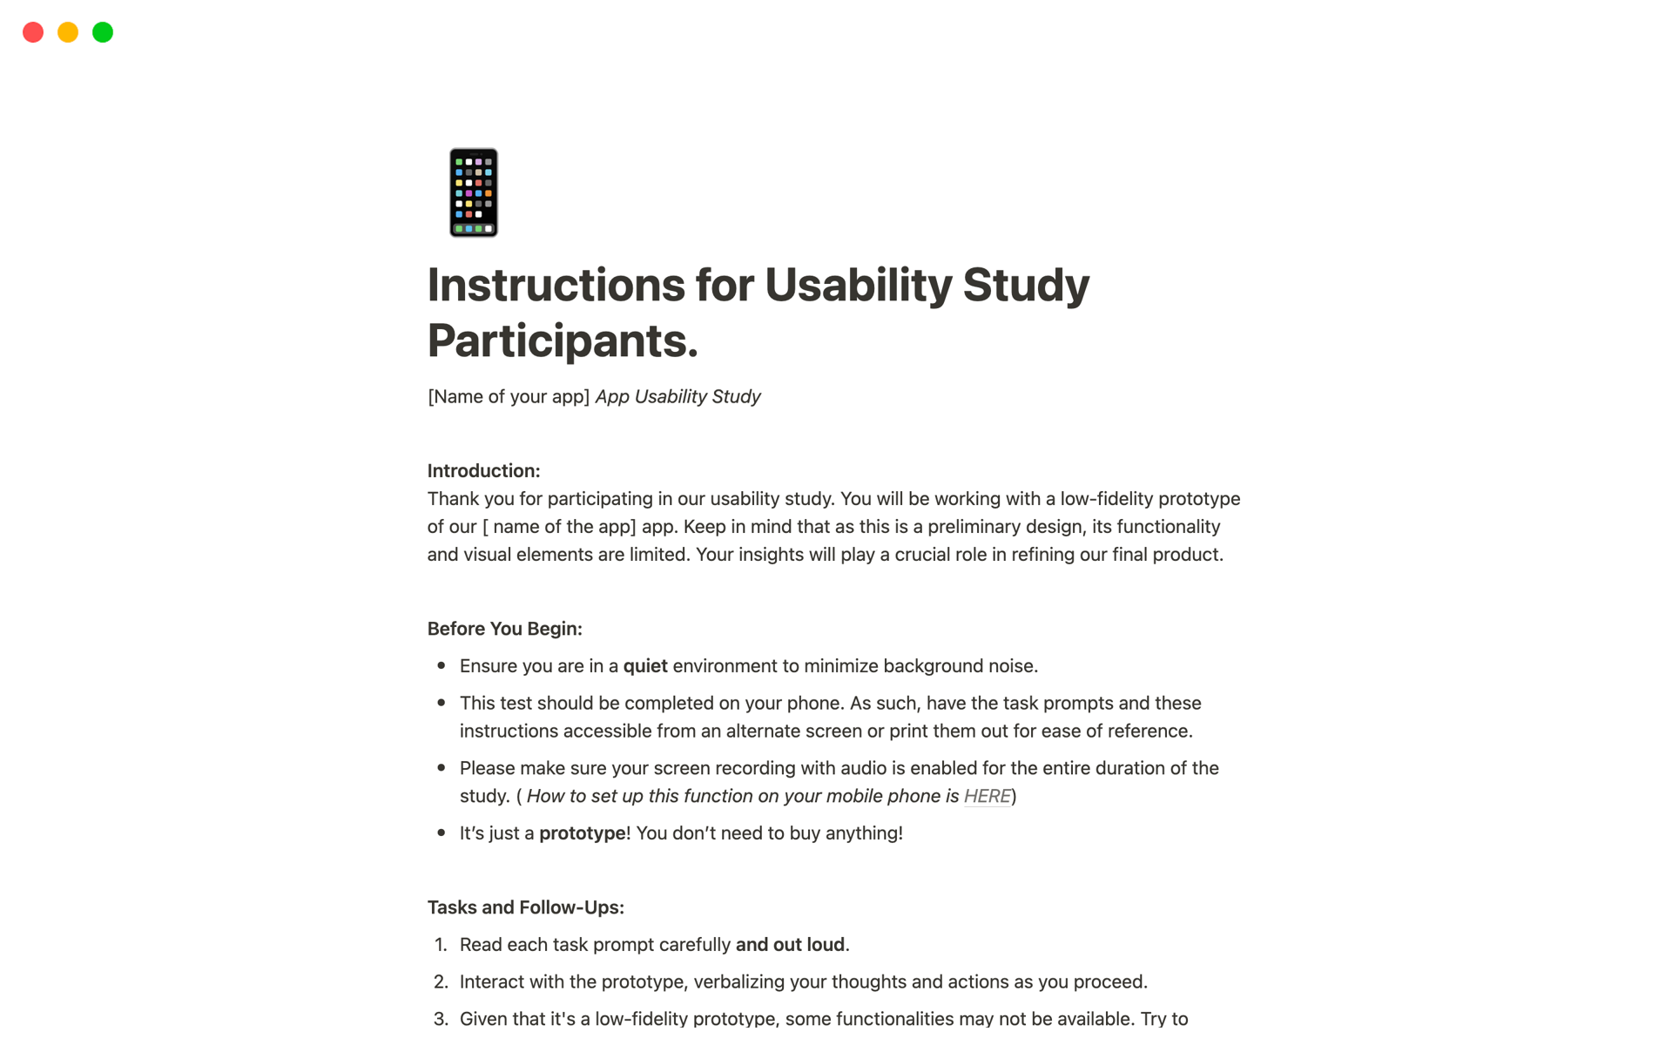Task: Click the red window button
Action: coord(33,32)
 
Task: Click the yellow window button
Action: coord(68,32)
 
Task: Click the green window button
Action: coord(103,32)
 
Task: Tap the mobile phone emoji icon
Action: coord(474,192)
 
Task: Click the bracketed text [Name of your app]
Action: coord(509,397)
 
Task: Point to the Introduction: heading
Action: coord(483,471)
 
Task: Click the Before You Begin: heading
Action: coord(504,629)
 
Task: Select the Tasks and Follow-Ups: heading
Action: coord(525,907)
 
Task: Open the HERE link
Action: coord(987,796)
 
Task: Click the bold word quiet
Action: coord(645,666)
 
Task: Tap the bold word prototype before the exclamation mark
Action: coord(582,833)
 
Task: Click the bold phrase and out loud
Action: coord(790,945)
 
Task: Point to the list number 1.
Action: coord(441,945)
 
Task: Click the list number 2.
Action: coord(441,982)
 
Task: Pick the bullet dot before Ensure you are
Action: coord(442,666)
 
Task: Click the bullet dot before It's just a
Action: coord(442,833)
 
